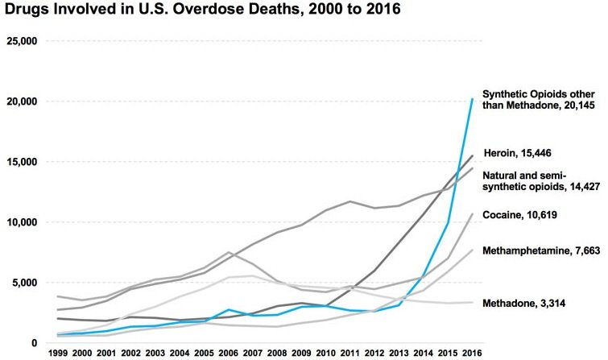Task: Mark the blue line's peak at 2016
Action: [x=471, y=99]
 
